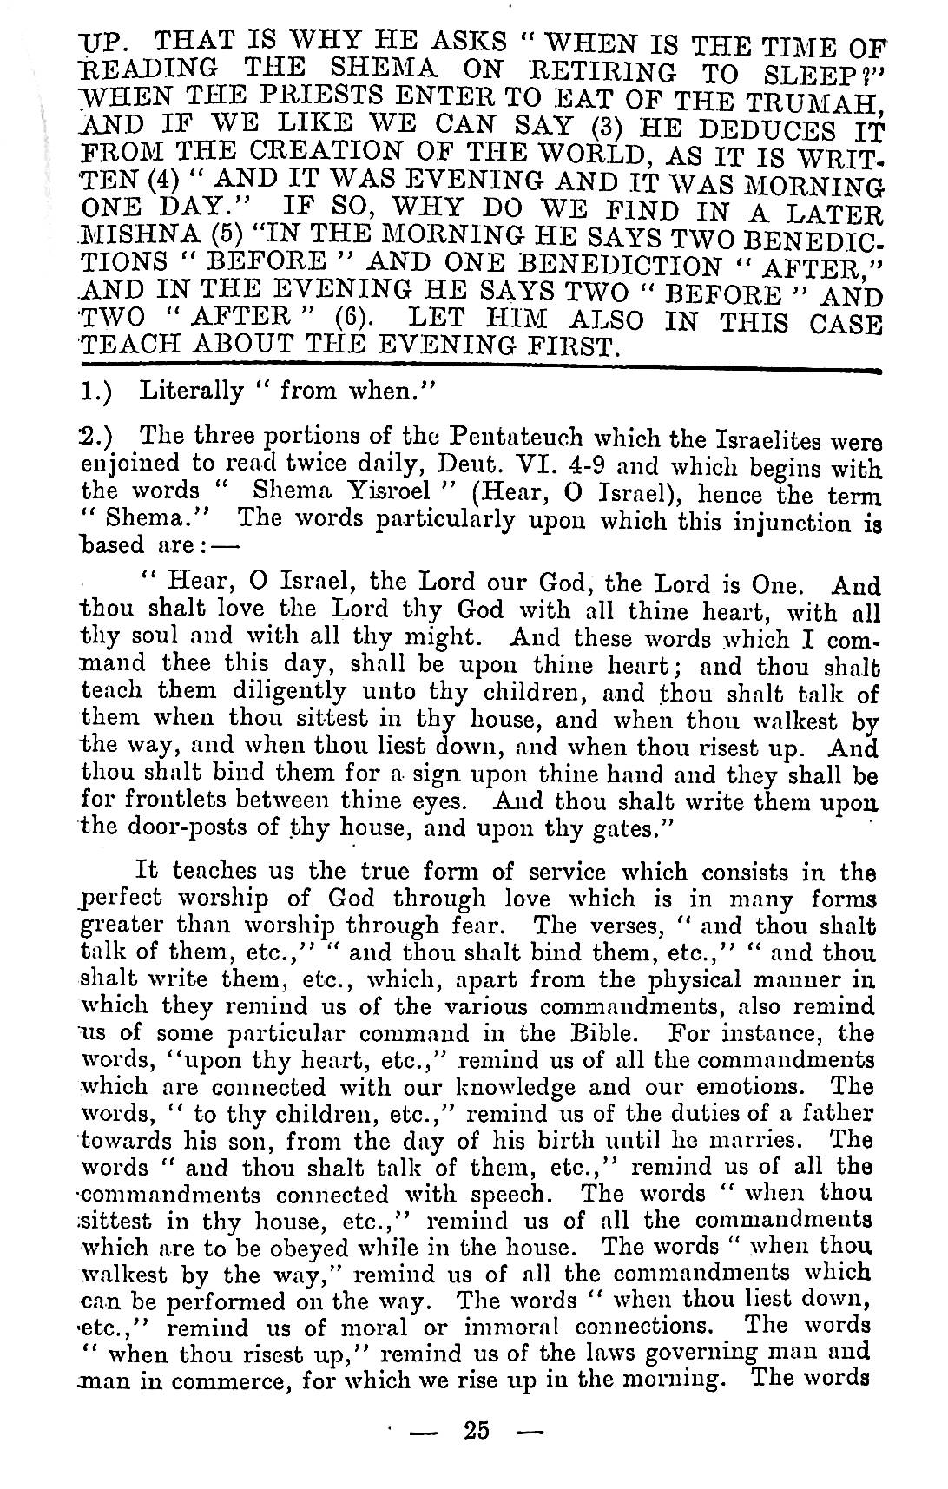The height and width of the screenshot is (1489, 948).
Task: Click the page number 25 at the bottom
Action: click(477, 1428)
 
